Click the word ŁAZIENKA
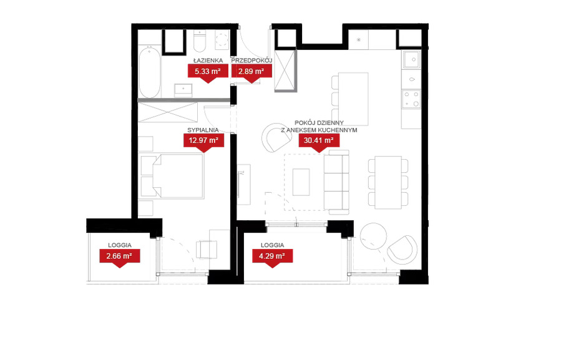208,61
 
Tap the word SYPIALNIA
203,130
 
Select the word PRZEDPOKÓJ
251,61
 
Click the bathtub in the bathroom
150,72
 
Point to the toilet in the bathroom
200,42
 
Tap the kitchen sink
411,59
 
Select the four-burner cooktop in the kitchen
411,99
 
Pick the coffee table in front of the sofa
301,182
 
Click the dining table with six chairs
388,182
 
